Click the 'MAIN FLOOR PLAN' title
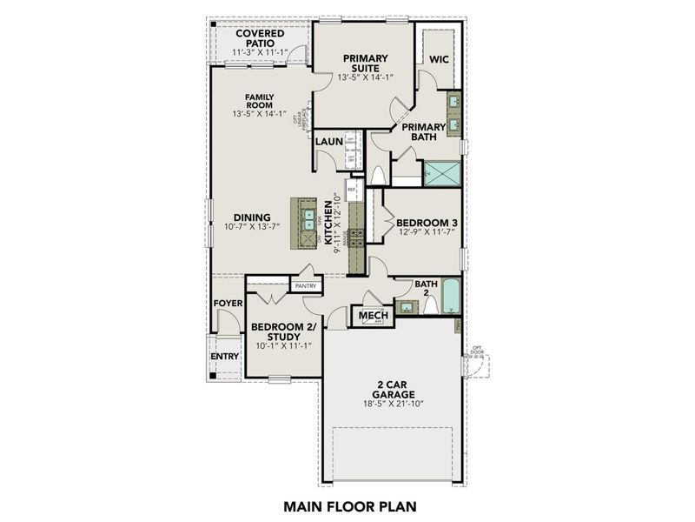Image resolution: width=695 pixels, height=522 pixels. pos(347,504)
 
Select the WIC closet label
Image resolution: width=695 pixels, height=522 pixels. pos(439,60)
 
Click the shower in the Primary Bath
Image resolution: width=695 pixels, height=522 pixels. pos(441,172)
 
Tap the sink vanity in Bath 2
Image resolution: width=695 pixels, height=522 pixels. pos(405,306)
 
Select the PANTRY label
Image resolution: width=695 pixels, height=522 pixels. pos(305,284)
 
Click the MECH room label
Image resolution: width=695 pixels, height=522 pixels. pos(372,315)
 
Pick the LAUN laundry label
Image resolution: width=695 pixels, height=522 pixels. pos(328,142)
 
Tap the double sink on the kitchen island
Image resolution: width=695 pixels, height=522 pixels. pos(308,224)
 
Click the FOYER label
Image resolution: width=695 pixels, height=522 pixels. pos(228,303)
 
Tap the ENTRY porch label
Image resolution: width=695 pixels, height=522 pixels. pos(224,357)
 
